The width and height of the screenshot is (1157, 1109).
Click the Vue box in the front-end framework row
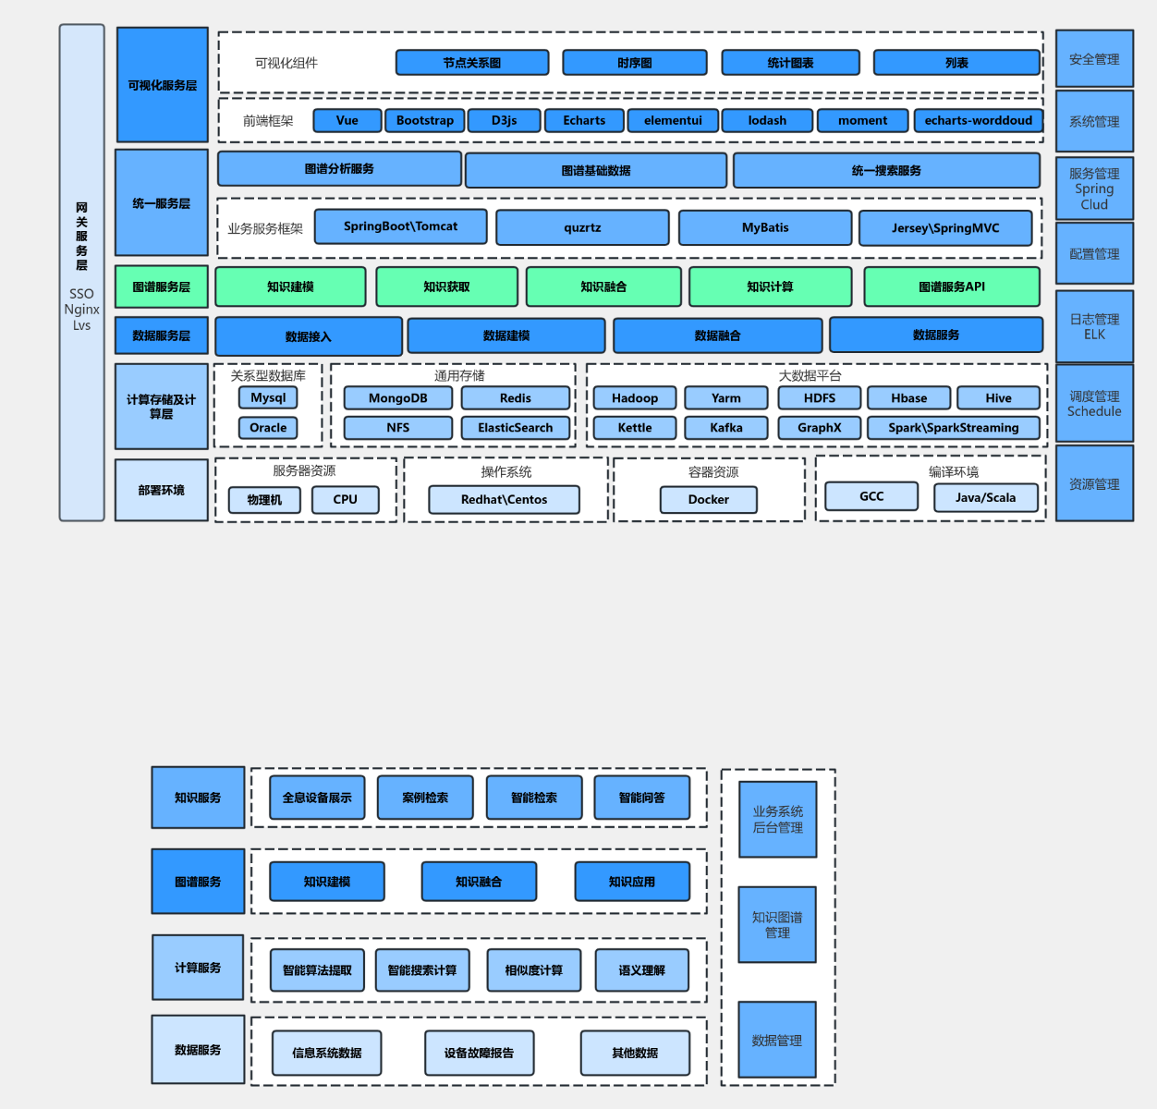pyautogui.click(x=347, y=120)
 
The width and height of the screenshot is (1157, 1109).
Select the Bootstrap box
pyautogui.click(x=424, y=120)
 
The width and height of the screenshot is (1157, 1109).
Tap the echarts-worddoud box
pyautogui.click(x=978, y=120)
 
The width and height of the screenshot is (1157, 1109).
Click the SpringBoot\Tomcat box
pyautogui.click(x=401, y=226)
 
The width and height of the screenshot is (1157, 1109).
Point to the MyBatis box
pyautogui.click(x=765, y=227)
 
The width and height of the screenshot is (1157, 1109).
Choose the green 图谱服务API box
pyautogui.click(x=952, y=286)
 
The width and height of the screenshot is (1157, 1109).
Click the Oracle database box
pyautogui.click(x=268, y=428)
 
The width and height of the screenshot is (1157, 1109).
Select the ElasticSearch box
pyautogui.click(x=516, y=428)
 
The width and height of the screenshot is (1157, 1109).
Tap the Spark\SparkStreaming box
pyautogui.click(x=954, y=428)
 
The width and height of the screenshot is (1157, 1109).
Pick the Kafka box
pyautogui.click(x=726, y=428)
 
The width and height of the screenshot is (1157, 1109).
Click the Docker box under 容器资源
pyautogui.click(x=709, y=499)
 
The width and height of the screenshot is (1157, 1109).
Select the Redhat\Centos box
pyautogui.click(x=505, y=499)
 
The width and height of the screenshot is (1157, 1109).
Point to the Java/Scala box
pyautogui.click(x=986, y=498)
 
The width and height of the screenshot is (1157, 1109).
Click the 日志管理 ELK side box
pyautogui.click(x=1094, y=326)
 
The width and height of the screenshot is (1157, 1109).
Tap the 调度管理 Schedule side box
pyautogui.click(x=1094, y=403)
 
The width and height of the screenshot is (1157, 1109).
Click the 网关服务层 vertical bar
pyautogui.click(x=82, y=273)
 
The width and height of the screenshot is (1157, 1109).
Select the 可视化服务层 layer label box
pyautogui.click(x=163, y=84)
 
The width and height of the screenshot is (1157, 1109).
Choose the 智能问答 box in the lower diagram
pyautogui.click(x=642, y=798)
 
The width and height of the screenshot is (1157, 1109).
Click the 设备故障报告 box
pyautogui.click(x=480, y=1053)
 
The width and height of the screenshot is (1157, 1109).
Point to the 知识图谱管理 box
pyautogui.click(x=777, y=925)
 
